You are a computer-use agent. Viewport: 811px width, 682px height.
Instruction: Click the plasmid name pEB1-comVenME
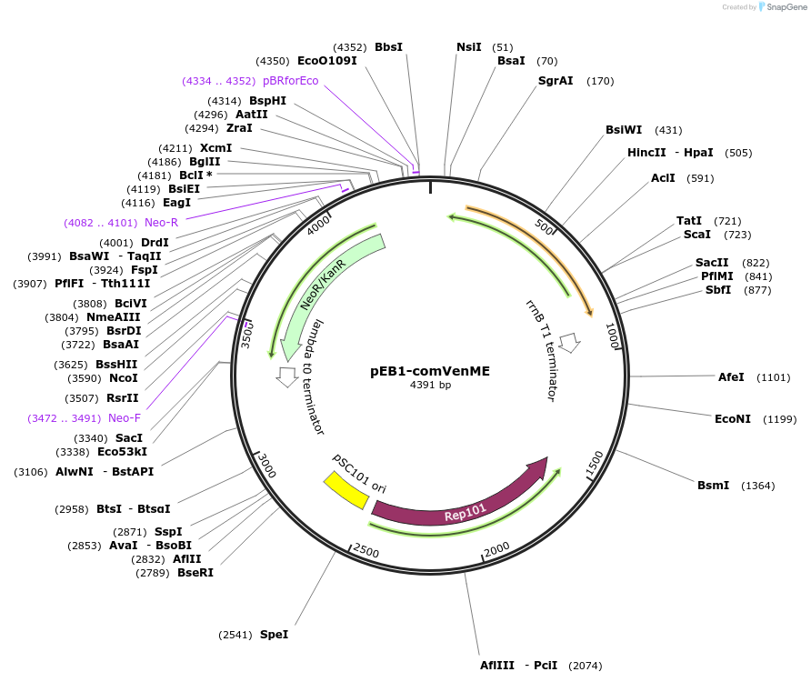(x=430, y=371)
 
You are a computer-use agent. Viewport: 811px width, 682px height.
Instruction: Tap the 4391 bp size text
(x=430, y=385)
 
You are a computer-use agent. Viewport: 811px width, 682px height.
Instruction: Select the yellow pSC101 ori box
(x=345, y=491)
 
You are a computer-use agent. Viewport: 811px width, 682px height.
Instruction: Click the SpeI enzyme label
(x=274, y=634)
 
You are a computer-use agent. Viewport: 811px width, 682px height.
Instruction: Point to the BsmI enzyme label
(x=713, y=485)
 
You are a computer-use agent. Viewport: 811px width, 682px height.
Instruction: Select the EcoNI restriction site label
(x=733, y=418)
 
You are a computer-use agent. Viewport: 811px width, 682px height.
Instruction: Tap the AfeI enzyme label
(x=731, y=376)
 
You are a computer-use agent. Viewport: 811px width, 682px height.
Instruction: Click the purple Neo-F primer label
(x=125, y=418)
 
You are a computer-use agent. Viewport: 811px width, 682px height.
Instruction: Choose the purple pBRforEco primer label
(x=290, y=81)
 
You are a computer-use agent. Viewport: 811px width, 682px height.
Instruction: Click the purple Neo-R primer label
(x=161, y=222)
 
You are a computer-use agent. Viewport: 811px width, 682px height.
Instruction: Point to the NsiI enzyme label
(x=468, y=47)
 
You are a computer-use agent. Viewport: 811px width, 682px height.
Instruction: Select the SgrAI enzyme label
(x=556, y=81)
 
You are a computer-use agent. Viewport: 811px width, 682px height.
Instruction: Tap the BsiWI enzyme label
(x=624, y=130)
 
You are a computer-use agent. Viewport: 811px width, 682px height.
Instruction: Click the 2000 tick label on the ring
(x=496, y=550)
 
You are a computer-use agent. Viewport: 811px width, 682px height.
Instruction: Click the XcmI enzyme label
(x=216, y=148)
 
